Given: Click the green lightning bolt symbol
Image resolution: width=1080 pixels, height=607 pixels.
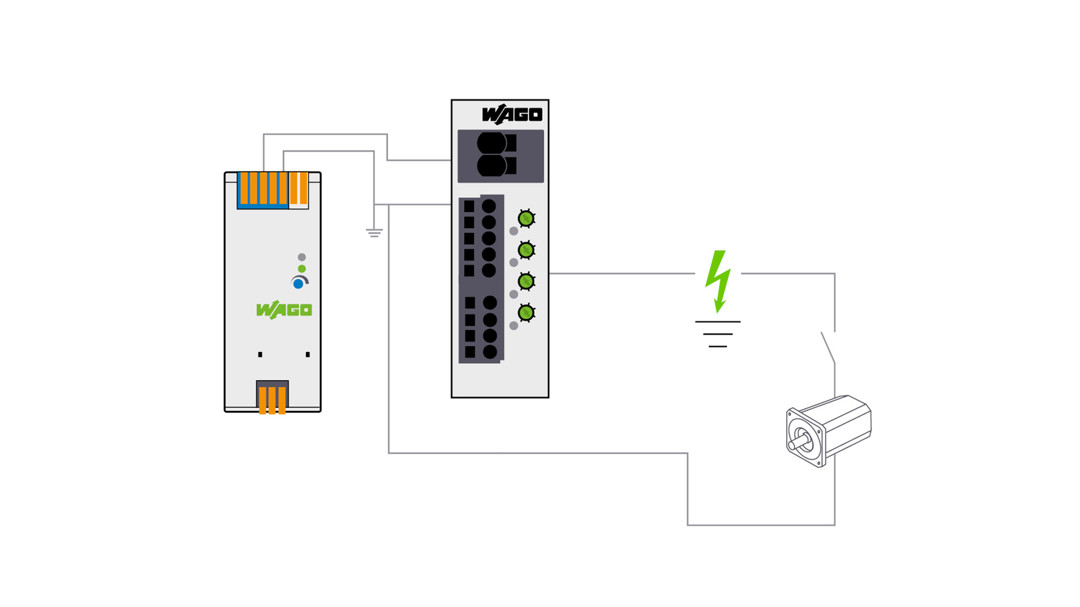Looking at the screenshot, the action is pos(718,281).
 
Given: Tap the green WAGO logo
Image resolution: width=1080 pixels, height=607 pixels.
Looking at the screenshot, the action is pos(284,310).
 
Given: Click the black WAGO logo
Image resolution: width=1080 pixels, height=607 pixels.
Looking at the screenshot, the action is pos(512,114).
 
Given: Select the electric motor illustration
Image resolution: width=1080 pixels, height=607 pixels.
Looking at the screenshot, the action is pos(828,431).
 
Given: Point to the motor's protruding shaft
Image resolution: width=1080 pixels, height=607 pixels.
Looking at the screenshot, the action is pos(799,442).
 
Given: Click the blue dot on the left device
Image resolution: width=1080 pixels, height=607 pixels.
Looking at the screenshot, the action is pos(298,284).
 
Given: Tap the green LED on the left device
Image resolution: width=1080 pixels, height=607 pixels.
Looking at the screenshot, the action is pos(302,269).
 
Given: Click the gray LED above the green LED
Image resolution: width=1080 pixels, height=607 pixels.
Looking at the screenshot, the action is pos(302,257).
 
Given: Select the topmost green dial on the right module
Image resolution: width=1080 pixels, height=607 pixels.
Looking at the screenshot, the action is pos(526,219).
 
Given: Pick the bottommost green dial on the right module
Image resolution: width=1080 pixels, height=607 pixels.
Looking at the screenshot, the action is pos(526,313).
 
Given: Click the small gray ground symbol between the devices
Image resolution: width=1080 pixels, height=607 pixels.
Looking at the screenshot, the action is pos(374,233).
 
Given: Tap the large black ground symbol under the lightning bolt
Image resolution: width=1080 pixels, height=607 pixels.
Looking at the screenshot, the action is pos(718,334).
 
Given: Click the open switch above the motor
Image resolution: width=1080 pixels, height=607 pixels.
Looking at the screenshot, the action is pos(828,347).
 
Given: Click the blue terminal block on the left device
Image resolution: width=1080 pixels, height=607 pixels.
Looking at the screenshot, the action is pos(263,190).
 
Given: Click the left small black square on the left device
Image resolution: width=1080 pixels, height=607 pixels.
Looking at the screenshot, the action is pos(260,354).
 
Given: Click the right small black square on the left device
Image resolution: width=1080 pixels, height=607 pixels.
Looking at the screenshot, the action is pos(308,354).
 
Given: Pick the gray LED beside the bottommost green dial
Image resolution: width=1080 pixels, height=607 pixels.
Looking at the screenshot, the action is pos(514,326).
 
